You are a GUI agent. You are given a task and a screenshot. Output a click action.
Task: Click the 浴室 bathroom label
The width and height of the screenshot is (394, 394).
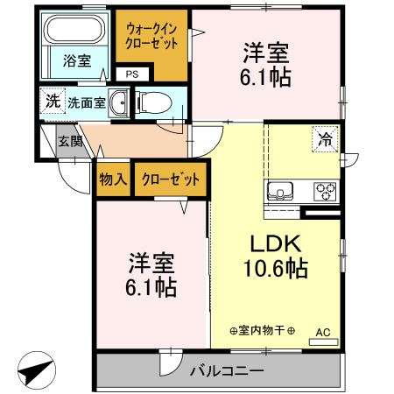coord(76,60)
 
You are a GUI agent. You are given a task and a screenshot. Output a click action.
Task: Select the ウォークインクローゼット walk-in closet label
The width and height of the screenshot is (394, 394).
coord(152,36)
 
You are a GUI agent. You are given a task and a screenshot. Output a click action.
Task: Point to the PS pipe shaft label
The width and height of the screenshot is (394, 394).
coord(131,74)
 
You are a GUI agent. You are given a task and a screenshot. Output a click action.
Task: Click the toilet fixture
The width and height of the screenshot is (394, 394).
coord(155,101)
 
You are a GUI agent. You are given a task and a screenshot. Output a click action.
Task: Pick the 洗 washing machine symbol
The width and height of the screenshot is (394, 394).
coord(53,101)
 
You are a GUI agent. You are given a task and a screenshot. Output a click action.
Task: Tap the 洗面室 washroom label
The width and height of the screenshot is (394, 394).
coord(87,102)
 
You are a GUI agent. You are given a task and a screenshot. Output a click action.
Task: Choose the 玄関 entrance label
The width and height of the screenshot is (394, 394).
coord(70,141)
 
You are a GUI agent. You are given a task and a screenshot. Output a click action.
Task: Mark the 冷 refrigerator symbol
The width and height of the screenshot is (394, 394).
coord(325,138)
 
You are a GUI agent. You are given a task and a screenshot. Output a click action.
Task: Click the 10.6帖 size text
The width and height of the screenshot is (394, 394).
coord(277,269)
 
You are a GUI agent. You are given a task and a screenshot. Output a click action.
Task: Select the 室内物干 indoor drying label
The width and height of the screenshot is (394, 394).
coord(263,330)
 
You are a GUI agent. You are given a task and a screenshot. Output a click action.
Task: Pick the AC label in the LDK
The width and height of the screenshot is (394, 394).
coord(323,332)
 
